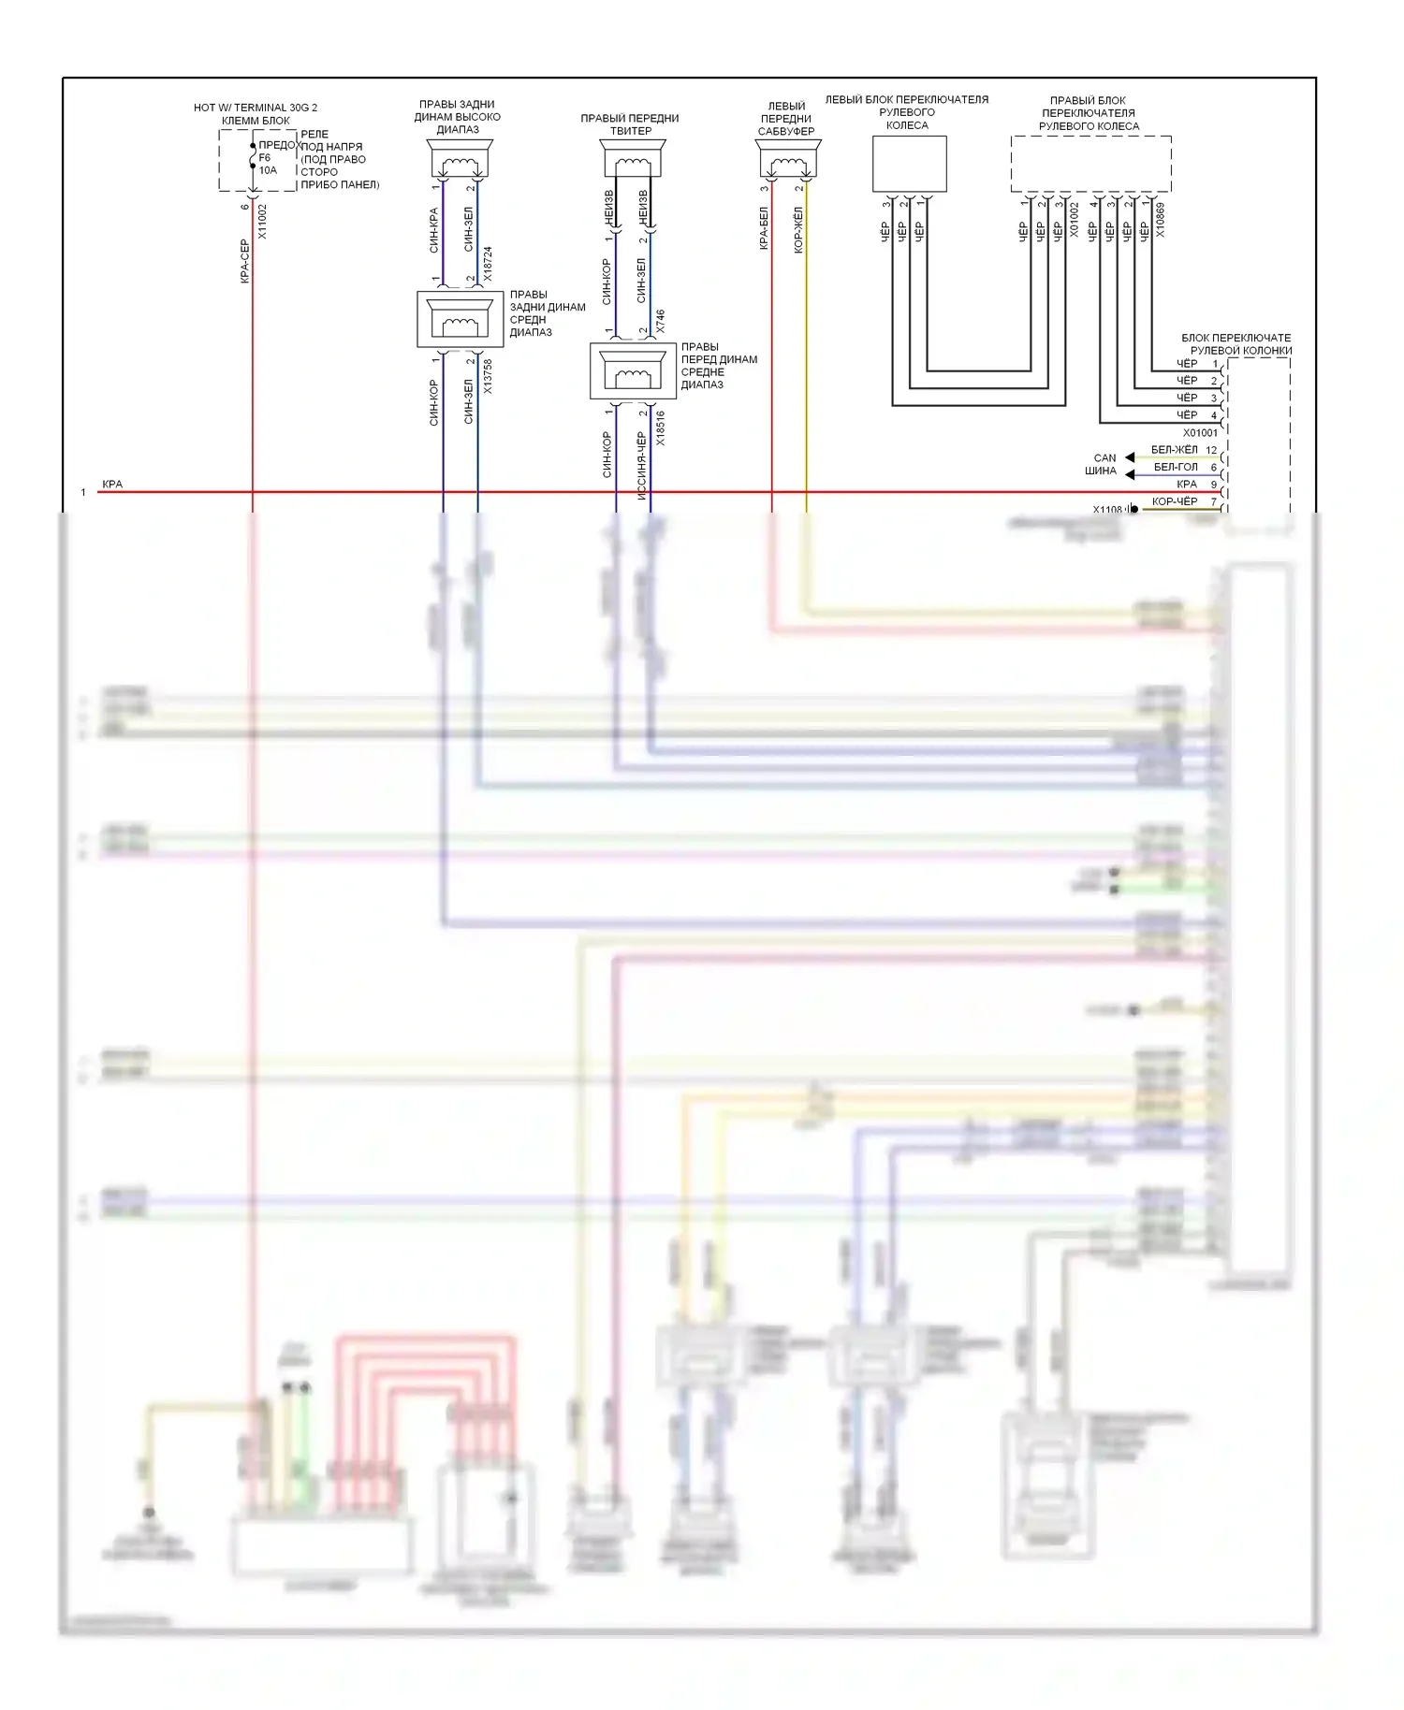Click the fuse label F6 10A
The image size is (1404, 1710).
tap(268, 164)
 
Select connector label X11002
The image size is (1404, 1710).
tap(262, 222)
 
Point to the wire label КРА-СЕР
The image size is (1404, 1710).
tap(244, 261)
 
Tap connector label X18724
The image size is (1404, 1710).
tap(488, 265)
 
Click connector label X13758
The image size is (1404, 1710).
tap(488, 376)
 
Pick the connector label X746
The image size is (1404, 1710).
tap(661, 322)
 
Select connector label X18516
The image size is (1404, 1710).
tap(661, 427)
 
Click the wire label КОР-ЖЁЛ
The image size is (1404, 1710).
tap(798, 230)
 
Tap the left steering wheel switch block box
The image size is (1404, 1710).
tap(909, 164)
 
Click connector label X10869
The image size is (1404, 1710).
tap(1161, 220)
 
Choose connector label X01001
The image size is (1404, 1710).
tap(1200, 433)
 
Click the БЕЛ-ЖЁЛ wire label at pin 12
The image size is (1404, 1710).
tap(1174, 450)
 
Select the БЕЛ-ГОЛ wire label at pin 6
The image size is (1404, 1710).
tap(1175, 467)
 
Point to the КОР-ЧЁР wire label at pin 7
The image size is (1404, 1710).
tap(1174, 501)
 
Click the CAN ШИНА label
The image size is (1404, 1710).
tap(1103, 464)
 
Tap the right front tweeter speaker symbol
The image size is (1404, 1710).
tap(632, 159)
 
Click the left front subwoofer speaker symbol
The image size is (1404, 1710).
tap(787, 159)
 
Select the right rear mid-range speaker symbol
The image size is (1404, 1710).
tap(460, 320)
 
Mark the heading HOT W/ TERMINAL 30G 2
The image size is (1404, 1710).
tap(255, 108)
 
